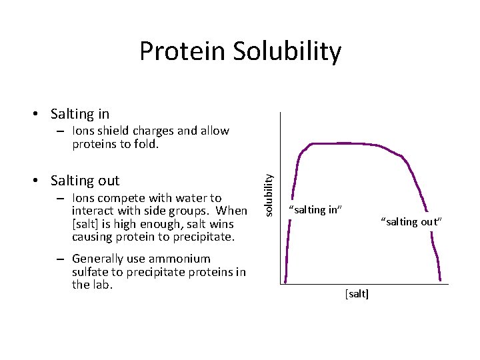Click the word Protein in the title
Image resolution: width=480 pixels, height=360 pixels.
(x=182, y=51)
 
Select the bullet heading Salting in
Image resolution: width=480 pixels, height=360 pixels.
(x=79, y=114)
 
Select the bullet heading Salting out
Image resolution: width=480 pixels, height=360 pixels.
(x=85, y=181)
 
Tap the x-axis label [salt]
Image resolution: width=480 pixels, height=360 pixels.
(x=357, y=294)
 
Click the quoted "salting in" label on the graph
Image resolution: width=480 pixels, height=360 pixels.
(x=315, y=210)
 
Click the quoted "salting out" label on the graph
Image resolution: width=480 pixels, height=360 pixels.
(x=411, y=222)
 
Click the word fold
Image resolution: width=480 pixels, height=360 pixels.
(x=145, y=144)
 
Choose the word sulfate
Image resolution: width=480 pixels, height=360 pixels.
(x=91, y=272)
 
